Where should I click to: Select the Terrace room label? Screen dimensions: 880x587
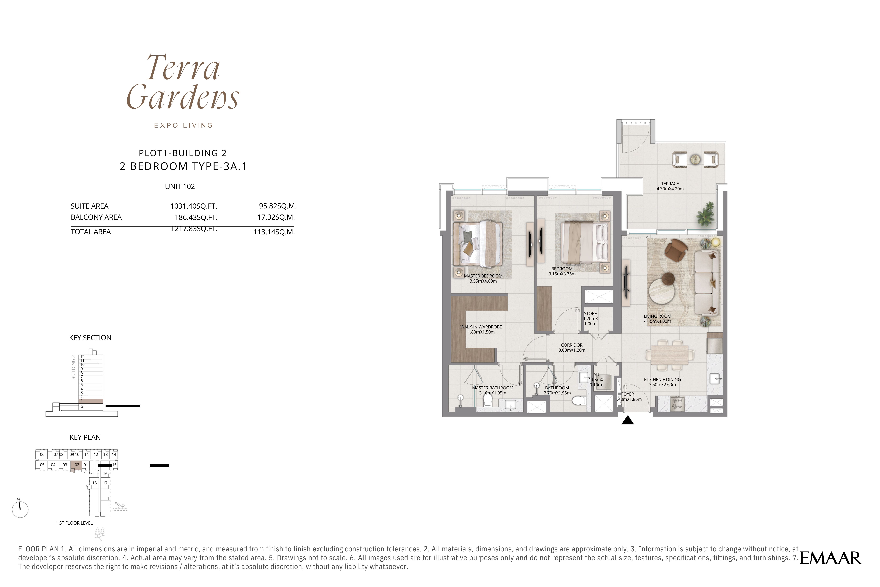coord(670,186)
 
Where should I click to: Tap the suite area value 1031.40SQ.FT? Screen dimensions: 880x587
coord(194,206)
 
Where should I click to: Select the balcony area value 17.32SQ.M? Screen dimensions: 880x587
coord(276,217)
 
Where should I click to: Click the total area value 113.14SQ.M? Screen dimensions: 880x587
coord(274,232)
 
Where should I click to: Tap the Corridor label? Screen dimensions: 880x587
coord(572,347)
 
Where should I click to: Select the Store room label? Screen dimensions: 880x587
coord(590,319)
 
